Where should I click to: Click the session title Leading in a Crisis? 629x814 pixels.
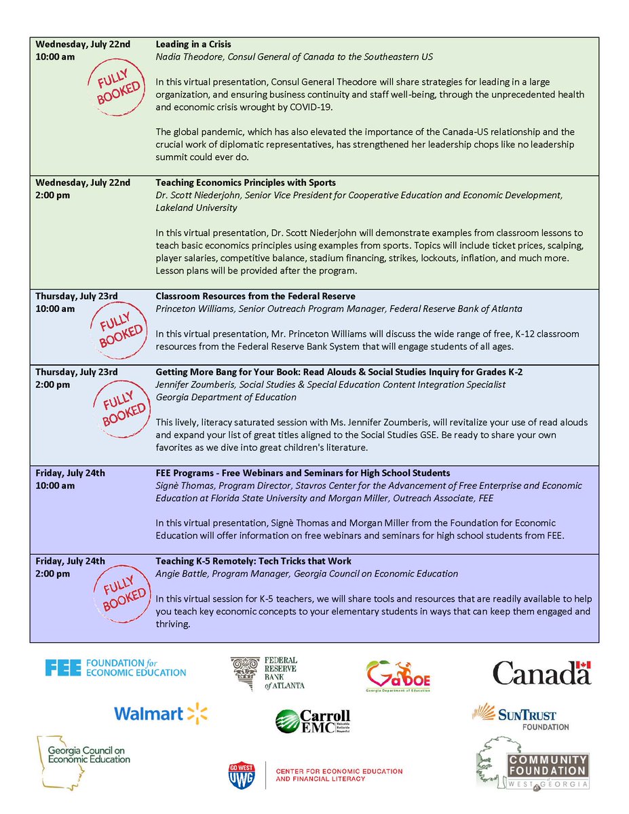[193, 44]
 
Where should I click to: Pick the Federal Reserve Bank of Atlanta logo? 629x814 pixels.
[267, 673]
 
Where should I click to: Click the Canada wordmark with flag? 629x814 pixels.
[541, 672]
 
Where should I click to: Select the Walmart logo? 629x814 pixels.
[160, 714]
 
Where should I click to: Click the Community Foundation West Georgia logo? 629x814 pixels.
[533, 763]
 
